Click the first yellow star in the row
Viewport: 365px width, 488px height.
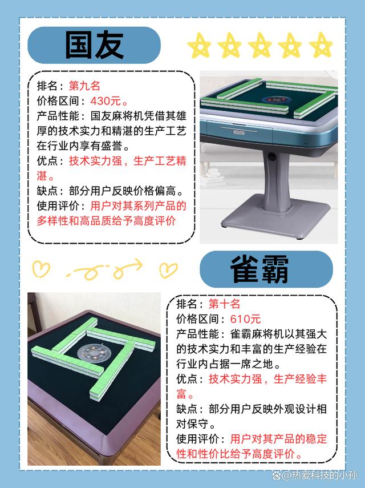click(200, 45)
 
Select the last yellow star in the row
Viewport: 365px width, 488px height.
click(321, 45)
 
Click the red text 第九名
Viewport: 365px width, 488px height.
click(84, 87)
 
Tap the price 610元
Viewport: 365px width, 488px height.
click(245, 319)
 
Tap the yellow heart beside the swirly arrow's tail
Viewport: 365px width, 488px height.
click(41, 268)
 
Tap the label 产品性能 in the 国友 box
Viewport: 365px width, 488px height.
click(55, 116)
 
